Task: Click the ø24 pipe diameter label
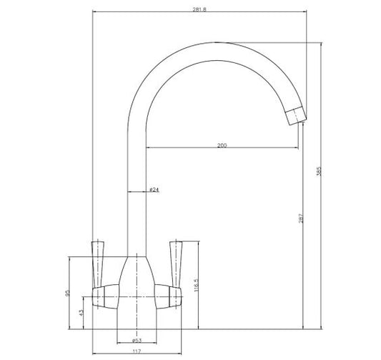[153, 190]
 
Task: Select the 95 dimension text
[69, 293]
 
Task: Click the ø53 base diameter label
[137, 341]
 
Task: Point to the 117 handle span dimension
[135, 351]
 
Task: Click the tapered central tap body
[137, 279]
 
